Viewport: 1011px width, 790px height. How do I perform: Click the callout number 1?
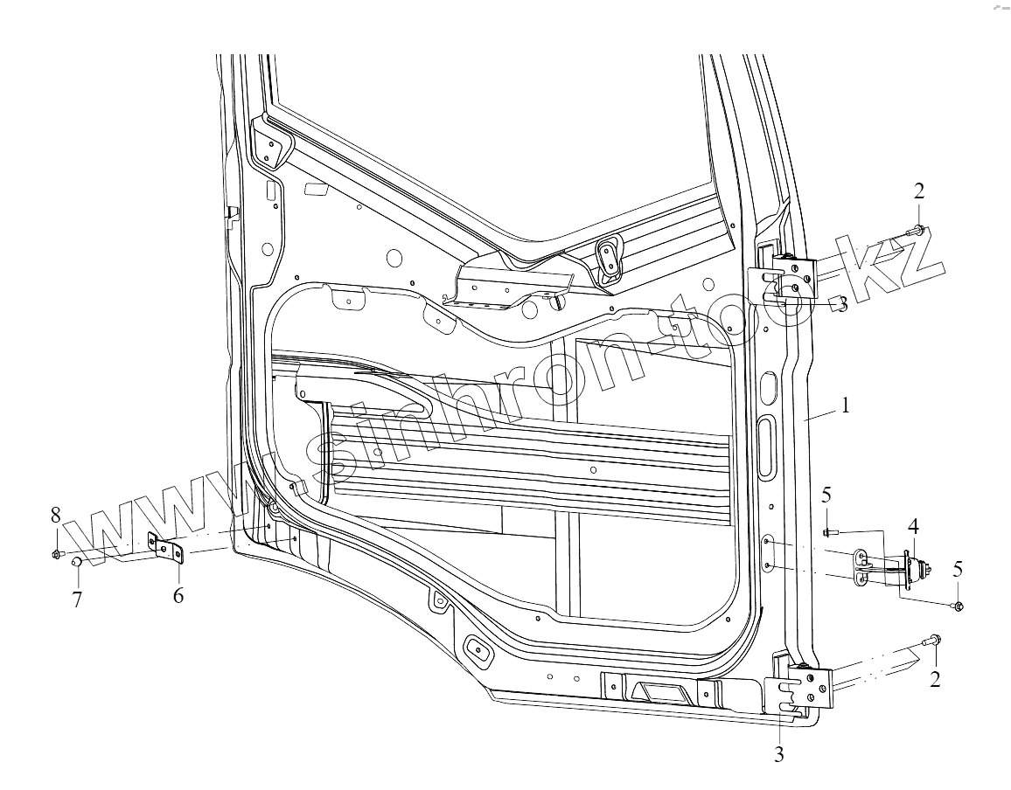pos(845,405)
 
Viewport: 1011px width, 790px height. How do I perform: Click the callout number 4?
pos(913,526)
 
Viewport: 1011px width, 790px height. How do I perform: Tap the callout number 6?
pos(178,596)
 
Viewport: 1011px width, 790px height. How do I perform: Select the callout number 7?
pos(77,600)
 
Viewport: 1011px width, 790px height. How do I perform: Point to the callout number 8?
pos(55,513)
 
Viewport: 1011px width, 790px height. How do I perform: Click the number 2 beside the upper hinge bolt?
pos(919,191)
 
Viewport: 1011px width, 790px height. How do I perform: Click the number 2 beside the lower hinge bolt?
pos(935,679)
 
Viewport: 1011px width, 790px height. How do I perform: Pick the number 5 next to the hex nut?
pos(958,568)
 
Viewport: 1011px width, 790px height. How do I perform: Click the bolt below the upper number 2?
pos(917,231)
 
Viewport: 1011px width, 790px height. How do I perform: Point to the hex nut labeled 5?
pos(958,606)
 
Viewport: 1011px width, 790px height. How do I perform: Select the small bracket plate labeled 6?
pos(165,549)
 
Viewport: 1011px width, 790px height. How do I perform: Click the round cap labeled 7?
pos(76,563)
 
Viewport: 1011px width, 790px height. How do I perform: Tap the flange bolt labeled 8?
pos(58,553)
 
